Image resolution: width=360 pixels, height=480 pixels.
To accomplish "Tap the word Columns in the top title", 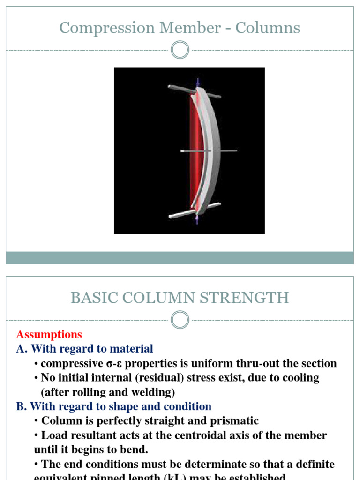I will click(268, 28).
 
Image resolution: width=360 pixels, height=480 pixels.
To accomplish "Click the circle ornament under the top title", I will click(180, 50).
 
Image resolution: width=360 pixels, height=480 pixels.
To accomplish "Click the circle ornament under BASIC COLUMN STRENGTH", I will click(180, 320).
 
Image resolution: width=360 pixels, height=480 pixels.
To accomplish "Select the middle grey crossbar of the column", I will click(209, 150).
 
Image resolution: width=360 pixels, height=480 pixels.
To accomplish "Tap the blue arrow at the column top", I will click(198, 81).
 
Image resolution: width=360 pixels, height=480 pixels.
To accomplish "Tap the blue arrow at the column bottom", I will click(197, 220).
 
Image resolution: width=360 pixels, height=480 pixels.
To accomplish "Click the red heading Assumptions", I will click(49, 335).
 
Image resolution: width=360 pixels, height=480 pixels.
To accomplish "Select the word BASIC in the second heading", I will click(90, 298).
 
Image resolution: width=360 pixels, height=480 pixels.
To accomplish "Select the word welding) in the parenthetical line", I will click(154, 392).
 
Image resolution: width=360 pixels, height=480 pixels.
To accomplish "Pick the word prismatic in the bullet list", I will click(235, 421).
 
